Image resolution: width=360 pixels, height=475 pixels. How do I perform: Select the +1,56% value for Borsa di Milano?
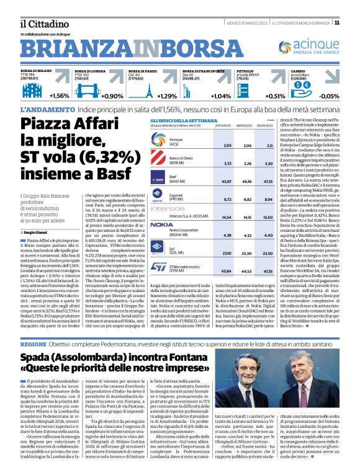(x=60, y=96)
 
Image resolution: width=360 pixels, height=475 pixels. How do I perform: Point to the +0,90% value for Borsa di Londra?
(x=112, y=96)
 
